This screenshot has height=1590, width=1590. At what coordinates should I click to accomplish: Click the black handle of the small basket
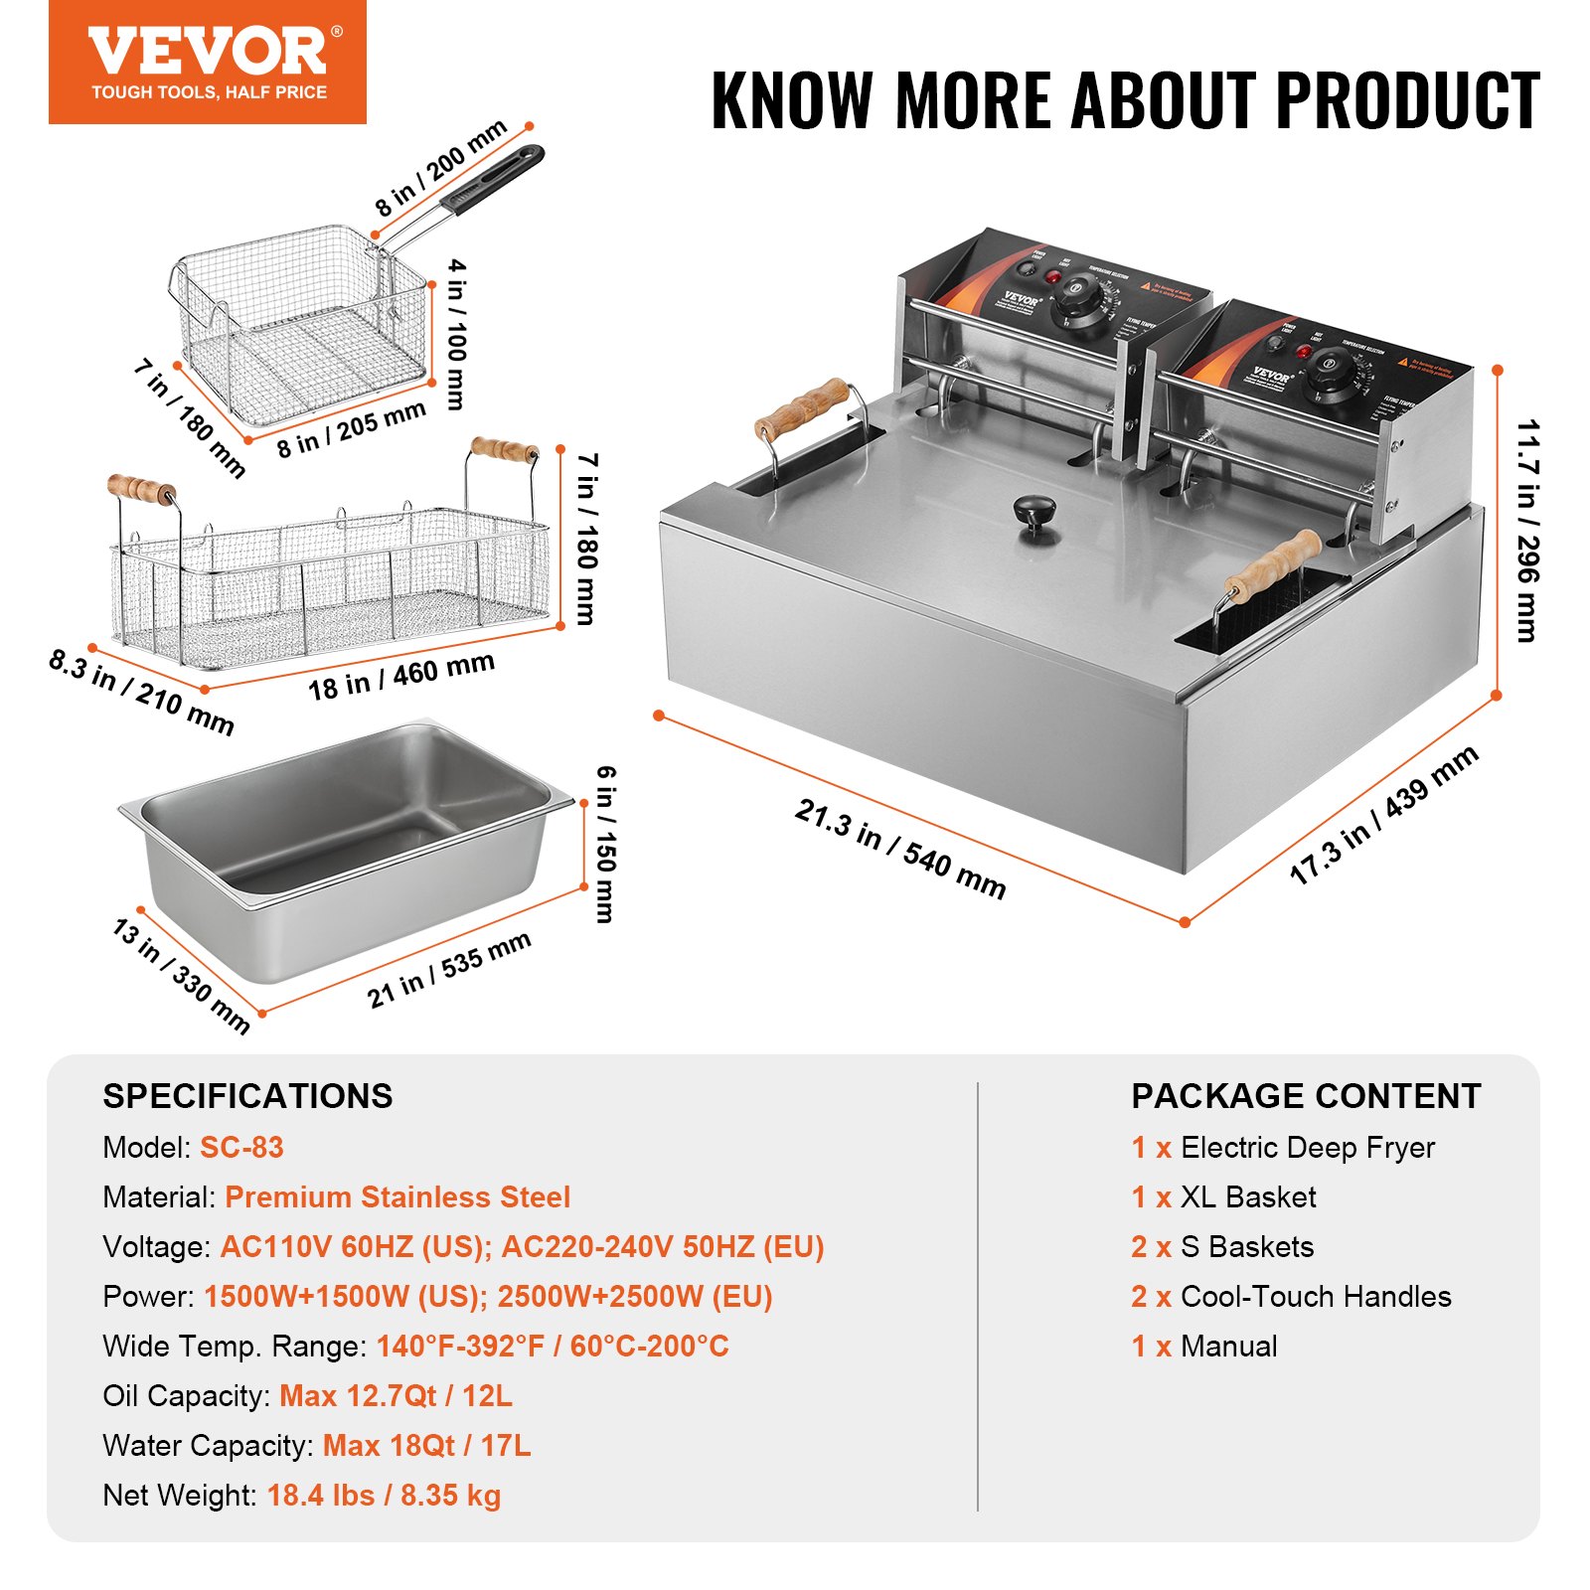495,179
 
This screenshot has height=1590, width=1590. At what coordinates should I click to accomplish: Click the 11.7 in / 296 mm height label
1527,531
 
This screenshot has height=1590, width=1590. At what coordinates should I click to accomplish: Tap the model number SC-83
241,1147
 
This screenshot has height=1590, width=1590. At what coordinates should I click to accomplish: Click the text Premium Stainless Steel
397,1196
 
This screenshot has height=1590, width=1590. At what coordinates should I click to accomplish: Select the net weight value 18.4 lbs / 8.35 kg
384,1495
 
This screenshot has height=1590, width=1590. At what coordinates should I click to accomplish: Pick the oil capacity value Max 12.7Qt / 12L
396,1395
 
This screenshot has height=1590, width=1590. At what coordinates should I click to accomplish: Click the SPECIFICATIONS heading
247,1096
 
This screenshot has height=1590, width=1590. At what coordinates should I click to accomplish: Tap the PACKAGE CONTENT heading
1305,1096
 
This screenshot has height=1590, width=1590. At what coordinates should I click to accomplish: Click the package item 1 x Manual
1203,1346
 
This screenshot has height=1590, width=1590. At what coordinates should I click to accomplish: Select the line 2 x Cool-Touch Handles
1290,1296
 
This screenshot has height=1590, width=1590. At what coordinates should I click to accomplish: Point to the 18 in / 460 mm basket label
400,676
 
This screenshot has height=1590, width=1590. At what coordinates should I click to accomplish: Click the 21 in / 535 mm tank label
448,969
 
